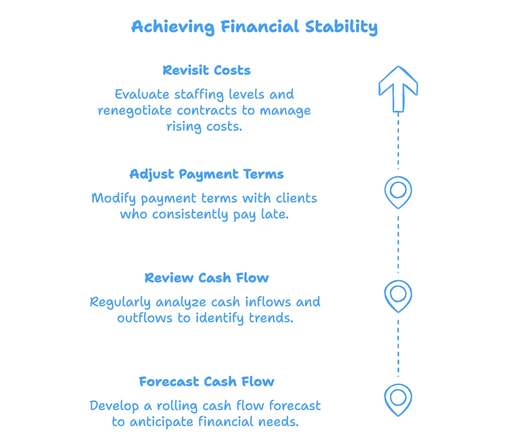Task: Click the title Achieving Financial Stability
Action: coord(254,27)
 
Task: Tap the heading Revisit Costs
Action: coord(206,70)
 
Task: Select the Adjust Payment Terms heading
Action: coord(206,174)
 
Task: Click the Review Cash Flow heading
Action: coord(206,278)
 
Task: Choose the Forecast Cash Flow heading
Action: coord(206,382)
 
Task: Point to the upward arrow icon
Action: coord(398,89)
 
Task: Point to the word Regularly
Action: coord(120,302)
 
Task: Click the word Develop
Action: coord(114,406)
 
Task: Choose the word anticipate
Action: coord(162,422)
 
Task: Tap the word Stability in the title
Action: coord(341,27)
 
